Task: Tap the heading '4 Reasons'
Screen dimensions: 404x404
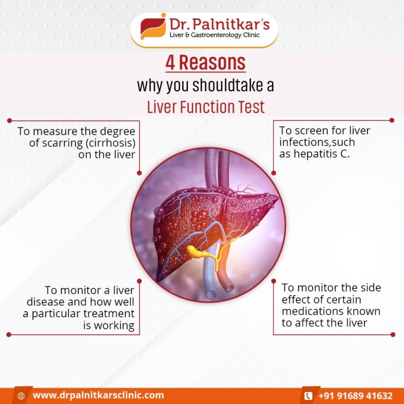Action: pos(205,63)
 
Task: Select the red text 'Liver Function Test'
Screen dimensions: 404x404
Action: pos(206,107)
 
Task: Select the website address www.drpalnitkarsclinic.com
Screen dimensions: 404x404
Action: pos(98,395)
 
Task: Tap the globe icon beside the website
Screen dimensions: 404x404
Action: pos(21,396)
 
